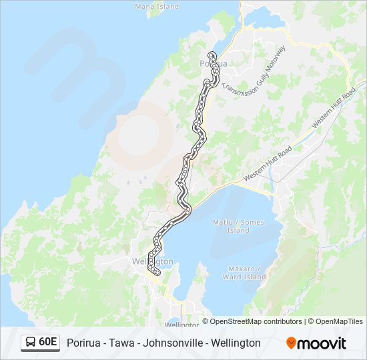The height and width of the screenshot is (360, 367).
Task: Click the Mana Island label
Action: (x=157, y=6)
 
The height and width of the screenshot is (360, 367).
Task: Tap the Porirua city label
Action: (x=214, y=64)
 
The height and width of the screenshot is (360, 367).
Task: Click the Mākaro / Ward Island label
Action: (x=244, y=273)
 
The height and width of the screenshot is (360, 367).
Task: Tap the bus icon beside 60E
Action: (x=30, y=343)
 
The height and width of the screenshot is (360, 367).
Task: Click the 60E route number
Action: (x=47, y=343)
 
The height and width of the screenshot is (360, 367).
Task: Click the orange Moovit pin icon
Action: (x=291, y=343)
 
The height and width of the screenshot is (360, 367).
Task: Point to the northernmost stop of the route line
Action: (x=212, y=54)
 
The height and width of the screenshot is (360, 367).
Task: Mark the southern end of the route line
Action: (x=155, y=273)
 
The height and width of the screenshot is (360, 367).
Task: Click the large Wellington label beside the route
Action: (x=153, y=261)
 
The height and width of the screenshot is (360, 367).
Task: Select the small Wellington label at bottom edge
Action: (x=181, y=324)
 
